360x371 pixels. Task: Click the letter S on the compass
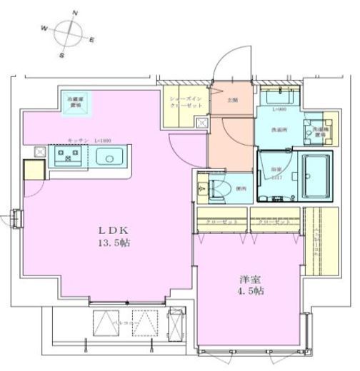click(61, 54)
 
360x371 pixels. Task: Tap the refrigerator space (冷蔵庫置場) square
click(74, 101)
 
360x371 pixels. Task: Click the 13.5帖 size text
click(114, 243)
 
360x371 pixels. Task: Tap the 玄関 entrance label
click(232, 101)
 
